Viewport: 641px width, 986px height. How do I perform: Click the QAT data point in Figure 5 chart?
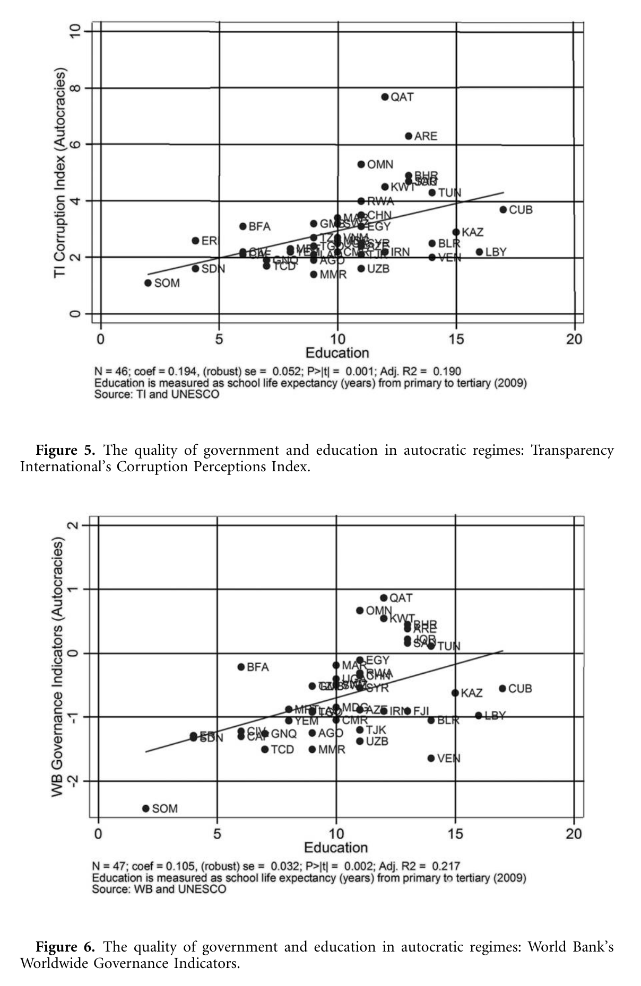(x=385, y=97)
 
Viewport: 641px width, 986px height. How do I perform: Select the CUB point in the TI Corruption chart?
(x=503, y=210)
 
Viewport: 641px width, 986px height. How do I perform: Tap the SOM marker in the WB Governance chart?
(x=146, y=808)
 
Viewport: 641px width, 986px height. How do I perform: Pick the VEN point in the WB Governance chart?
(x=431, y=759)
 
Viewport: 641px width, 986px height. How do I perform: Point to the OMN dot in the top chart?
(x=361, y=164)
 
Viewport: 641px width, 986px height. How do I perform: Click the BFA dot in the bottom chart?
(x=241, y=667)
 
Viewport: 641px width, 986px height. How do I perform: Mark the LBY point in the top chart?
(x=479, y=252)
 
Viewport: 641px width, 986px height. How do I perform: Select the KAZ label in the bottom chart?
(x=471, y=693)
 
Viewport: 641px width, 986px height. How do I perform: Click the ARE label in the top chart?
(x=426, y=136)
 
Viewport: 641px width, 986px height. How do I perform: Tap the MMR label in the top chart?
(x=333, y=275)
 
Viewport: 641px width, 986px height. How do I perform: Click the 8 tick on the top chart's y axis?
(x=75, y=87)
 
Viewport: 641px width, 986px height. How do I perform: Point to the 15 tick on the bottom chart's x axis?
(x=455, y=834)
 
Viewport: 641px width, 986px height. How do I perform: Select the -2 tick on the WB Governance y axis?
(x=73, y=781)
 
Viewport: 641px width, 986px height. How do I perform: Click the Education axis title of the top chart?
(x=337, y=353)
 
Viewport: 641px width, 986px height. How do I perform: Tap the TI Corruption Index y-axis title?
(x=60, y=172)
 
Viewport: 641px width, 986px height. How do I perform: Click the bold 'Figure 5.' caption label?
(x=65, y=451)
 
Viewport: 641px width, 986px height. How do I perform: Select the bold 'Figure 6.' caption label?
(x=65, y=947)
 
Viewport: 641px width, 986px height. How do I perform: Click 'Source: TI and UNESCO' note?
(x=157, y=394)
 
